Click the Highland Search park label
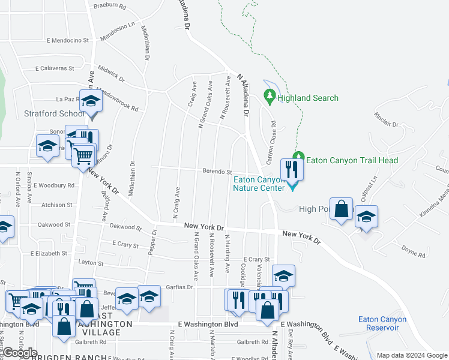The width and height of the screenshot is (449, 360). click(x=307, y=98)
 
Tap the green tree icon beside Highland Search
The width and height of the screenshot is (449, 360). click(x=270, y=96)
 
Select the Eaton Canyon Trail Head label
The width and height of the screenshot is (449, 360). click(x=352, y=160)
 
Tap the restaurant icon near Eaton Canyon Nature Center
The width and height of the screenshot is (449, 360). click(x=292, y=169)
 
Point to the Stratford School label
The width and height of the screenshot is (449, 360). click(x=54, y=113)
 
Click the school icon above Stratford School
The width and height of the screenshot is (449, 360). click(x=91, y=101)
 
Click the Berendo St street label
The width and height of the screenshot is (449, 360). click(x=217, y=172)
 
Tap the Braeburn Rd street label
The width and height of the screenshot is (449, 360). click(x=110, y=7)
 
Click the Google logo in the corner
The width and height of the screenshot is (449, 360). click(x=20, y=353)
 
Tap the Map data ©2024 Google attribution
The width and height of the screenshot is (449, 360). click(x=412, y=355)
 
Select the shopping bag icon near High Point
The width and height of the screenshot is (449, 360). click(x=342, y=210)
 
